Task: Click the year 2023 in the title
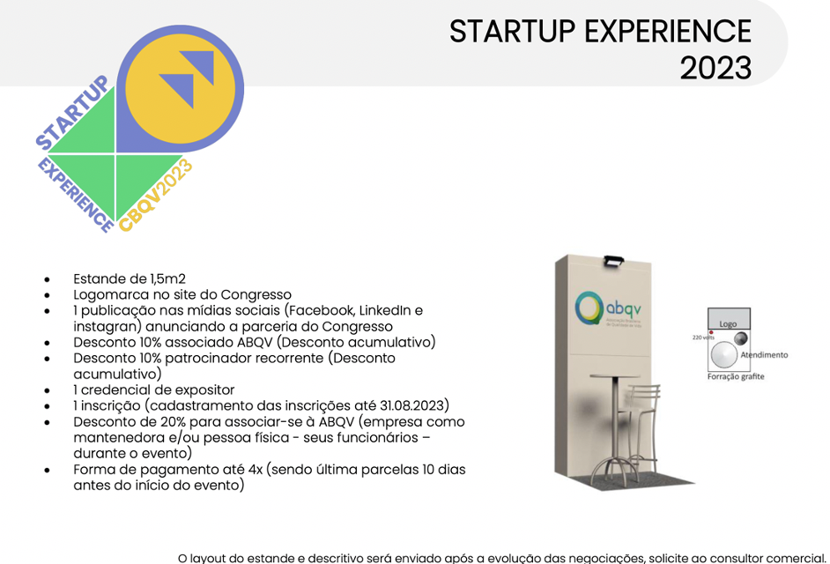point(715,69)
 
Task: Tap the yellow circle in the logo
point(180,89)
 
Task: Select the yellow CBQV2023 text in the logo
point(156,195)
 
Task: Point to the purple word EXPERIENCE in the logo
point(76,195)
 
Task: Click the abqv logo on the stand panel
point(608,308)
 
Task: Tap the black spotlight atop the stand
point(613,261)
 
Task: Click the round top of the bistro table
point(614,376)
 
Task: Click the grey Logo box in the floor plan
point(729,319)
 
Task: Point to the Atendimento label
point(764,355)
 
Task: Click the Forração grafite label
point(736,376)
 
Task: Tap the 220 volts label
point(703,338)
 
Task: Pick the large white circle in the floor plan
point(723,355)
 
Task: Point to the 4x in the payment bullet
point(256,470)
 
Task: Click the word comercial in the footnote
point(795,558)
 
